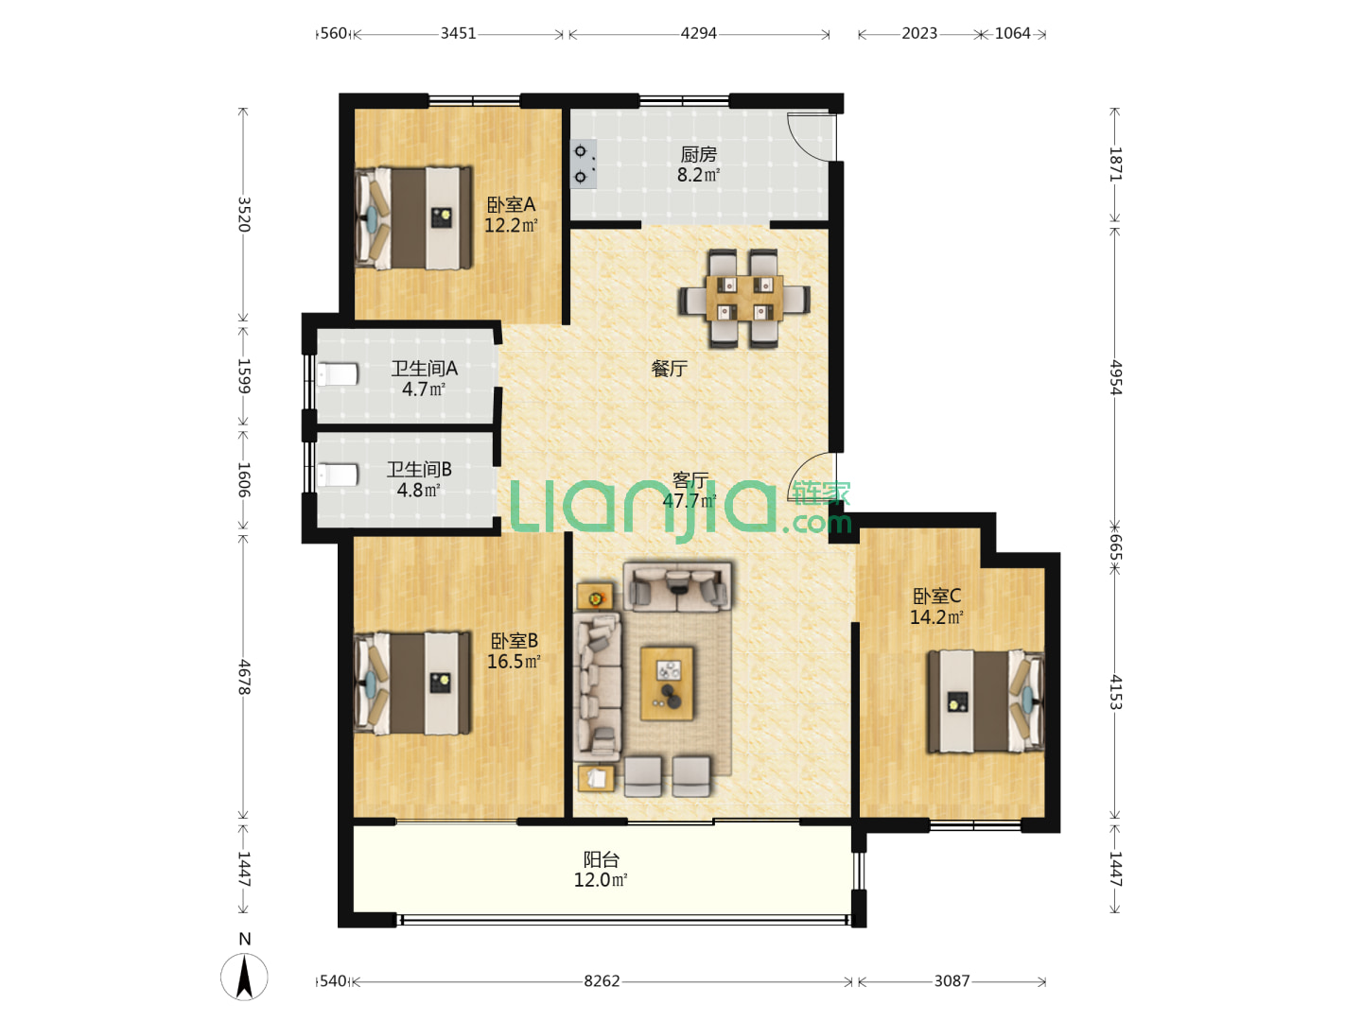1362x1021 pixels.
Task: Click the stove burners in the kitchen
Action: pyautogui.click(x=583, y=164)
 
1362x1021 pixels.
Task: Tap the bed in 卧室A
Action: pyautogui.click(x=413, y=217)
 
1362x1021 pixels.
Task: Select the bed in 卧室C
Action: pyautogui.click(x=986, y=701)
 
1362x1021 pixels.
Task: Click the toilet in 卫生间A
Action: pyautogui.click(x=338, y=374)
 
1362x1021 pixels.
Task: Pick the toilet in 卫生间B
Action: pyautogui.click(x=338, y=476)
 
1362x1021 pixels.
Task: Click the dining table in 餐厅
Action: pyautogui.click(x=744, y=298)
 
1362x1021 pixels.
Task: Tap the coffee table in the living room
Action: pyautogui.click(x=667, y=684)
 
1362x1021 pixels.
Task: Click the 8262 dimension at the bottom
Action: pyautogui.click(x=602, y=981)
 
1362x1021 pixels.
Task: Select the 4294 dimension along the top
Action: pyautogui.click(x=699, y=33)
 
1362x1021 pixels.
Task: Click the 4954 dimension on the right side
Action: pyautogui.click(x=1115, y=377)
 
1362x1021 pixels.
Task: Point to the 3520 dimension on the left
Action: pyautogui.click(x=244, y=215)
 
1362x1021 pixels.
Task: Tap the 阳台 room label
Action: pyautogui.click(x=602, y=860)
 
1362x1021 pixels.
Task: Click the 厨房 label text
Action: pyautogui.click(x=699, y=154)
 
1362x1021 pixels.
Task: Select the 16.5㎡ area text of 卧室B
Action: pyautogui.click(x=514, y=662)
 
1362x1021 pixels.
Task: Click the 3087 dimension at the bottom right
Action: pyautogui.click(x=952, y=981)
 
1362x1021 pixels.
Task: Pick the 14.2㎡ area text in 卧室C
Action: pyautogui.click(x=936, y=616)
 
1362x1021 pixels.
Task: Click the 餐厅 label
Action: pyautogui.click(x=669, y=369)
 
